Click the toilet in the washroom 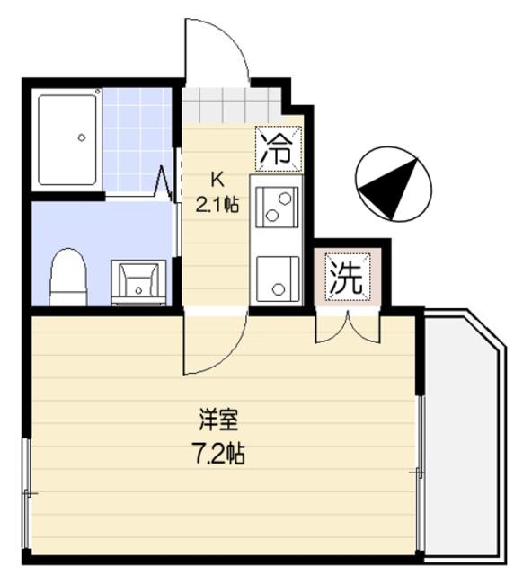(67, 278)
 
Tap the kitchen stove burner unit (277, 206)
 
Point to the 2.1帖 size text (217, 204)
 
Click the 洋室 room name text (218, 419)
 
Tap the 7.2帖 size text (219, 452)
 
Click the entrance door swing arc (216, 49)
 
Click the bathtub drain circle (82, 137)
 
